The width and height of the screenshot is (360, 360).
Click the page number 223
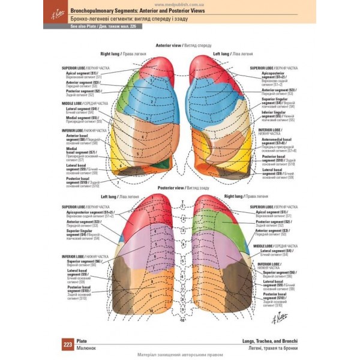coord(67,344)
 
